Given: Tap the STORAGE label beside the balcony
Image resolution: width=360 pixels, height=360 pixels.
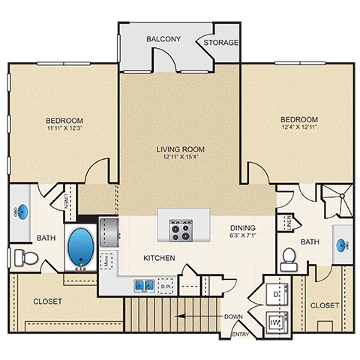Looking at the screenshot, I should (221, 43).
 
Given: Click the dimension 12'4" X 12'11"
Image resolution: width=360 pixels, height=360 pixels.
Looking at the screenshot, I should (298, 128).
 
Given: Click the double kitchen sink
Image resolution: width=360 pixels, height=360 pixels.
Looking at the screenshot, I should (144, 285).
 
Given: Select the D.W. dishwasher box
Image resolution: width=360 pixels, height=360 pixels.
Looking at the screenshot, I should (166, 286).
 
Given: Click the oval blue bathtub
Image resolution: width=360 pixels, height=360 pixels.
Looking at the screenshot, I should (79, 246).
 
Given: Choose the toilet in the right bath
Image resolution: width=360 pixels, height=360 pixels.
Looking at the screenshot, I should (289, 259).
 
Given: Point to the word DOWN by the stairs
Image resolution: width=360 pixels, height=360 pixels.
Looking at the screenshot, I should (233, 316).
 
